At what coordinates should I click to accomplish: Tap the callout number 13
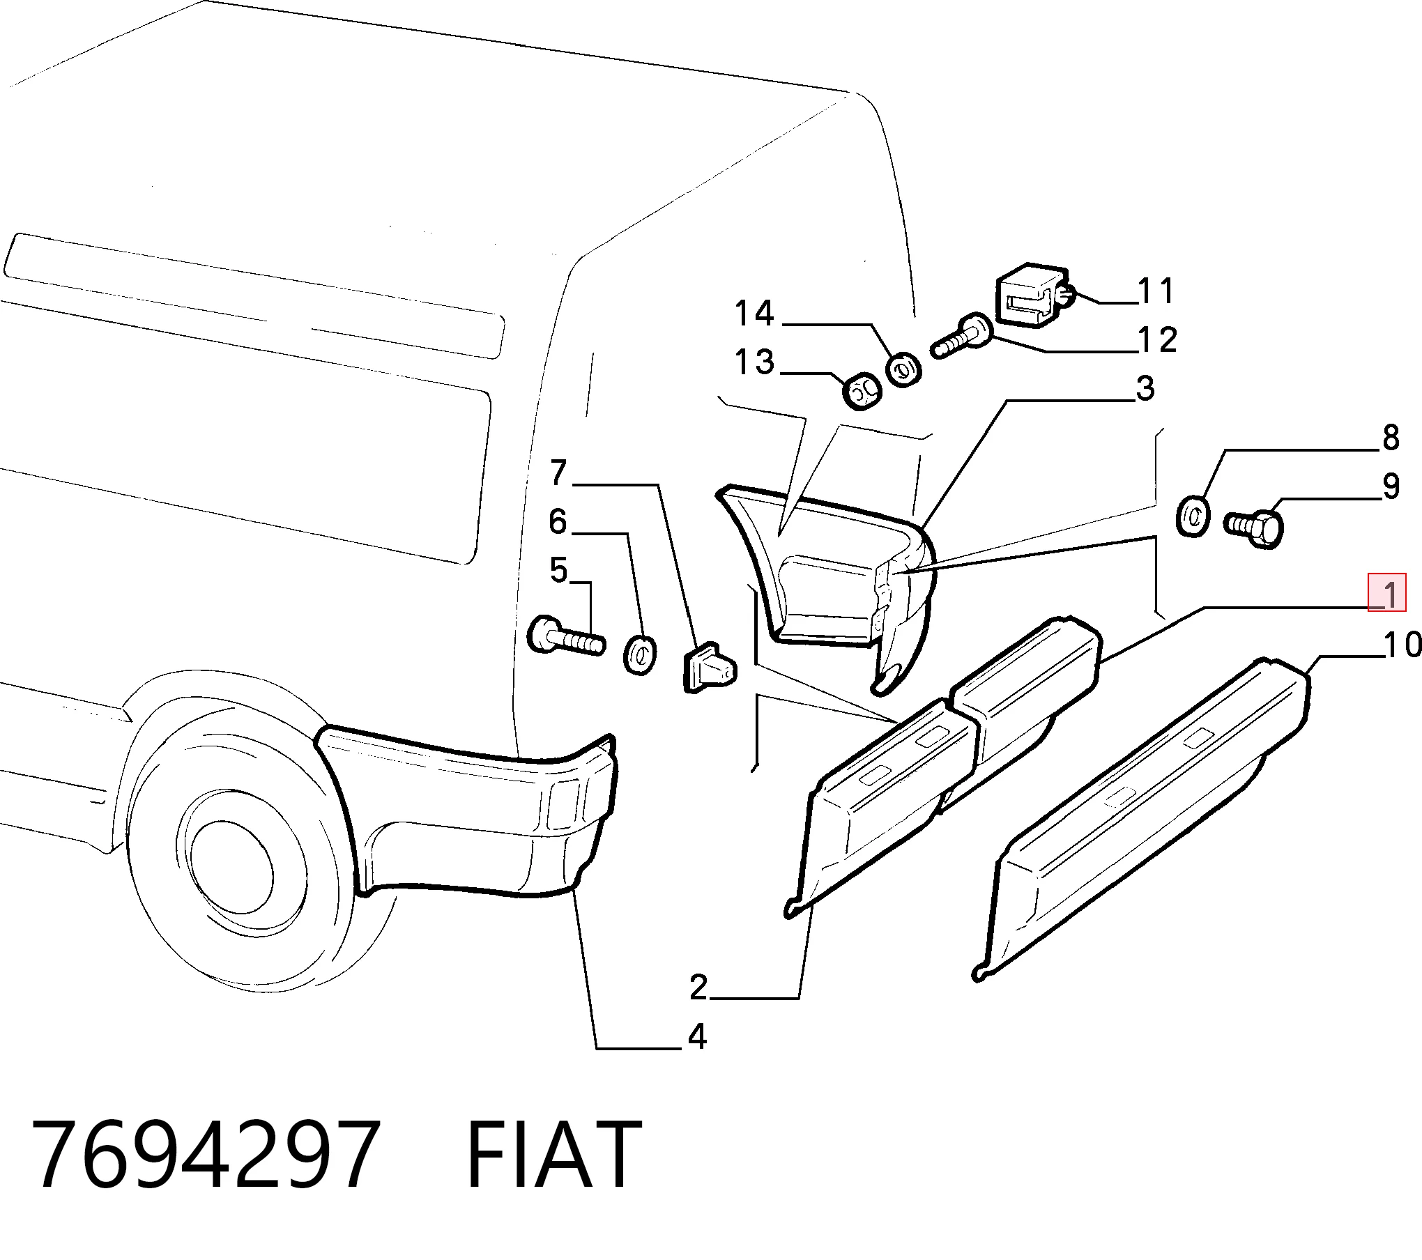point(754,362)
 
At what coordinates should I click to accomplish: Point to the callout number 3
point(1145,388)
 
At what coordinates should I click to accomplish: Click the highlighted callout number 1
point(1387,592)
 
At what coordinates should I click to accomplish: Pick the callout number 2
point(698,987)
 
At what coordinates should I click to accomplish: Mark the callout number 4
point(697,1057)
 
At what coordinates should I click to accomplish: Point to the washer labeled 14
point(903,369)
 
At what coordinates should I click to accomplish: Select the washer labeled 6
point(639,655)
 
